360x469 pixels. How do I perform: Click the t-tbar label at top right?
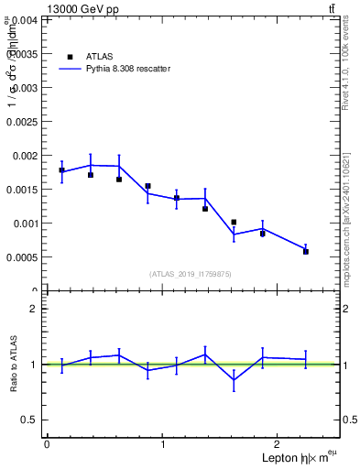point(331,9)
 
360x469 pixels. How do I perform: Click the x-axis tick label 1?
point(163,444)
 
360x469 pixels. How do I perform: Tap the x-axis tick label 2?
point(279,444)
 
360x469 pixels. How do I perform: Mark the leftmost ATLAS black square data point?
point(61,170)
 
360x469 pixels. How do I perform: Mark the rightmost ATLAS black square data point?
point(306,251)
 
